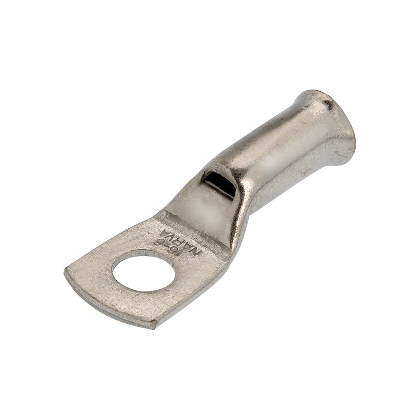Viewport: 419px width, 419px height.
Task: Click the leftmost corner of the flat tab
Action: tap(67, 271)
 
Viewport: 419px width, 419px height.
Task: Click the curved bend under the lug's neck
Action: tap(238, 230)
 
